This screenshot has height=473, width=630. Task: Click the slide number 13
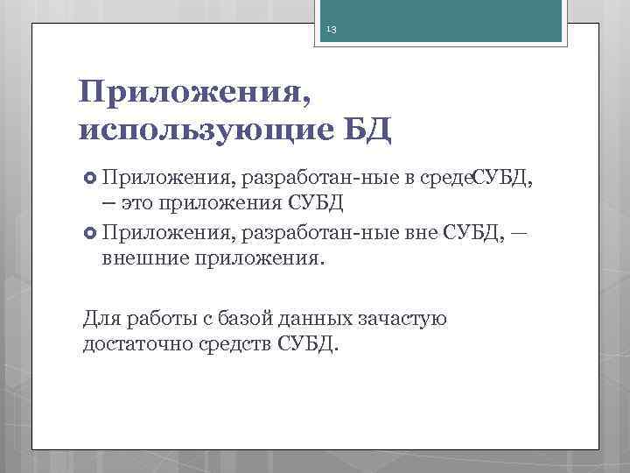(332, 31)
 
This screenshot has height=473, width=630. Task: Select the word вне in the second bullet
(418, 232)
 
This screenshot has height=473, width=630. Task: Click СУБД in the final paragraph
(305, 343)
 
